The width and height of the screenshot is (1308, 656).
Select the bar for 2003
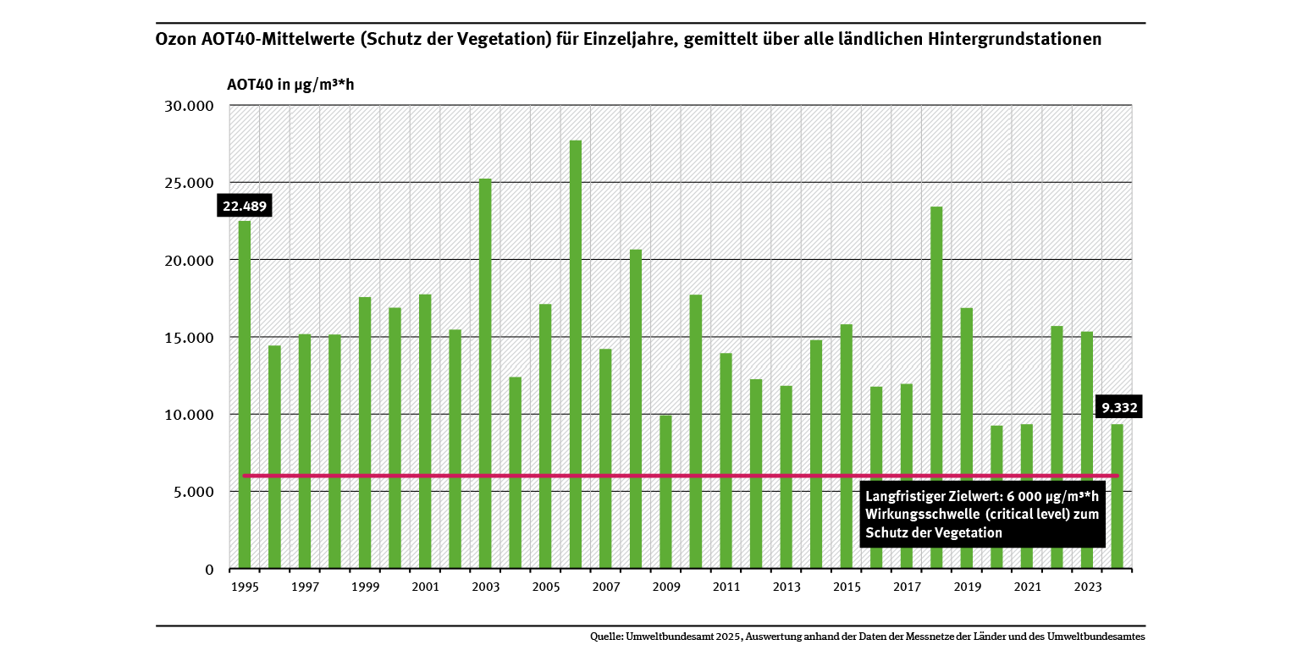[x=485, y=373]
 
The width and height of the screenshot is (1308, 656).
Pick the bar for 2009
[x=665, y=492]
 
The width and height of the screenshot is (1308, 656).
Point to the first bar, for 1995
[x=245, y=394]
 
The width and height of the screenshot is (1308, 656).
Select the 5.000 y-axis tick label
[x=192, y=492]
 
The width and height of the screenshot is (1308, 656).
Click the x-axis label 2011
[x=726, y=587]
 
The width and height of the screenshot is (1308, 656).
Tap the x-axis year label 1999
[x=365, y=587]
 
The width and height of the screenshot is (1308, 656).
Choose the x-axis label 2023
[x=1087, y=587]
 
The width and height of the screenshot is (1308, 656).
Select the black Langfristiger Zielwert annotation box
[x=982, y=515]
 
